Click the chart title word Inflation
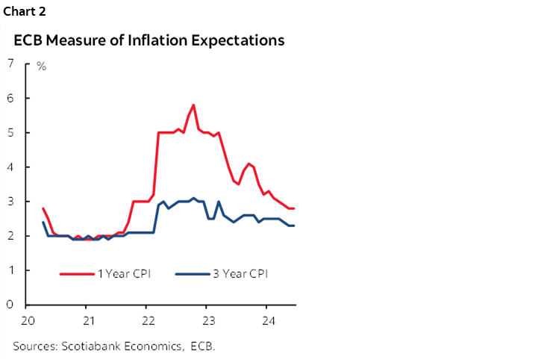point(168,40)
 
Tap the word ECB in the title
point(28,40)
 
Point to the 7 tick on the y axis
point(10,63)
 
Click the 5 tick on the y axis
point(10,133)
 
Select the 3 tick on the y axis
point(10,202)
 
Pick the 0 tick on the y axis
point(10,305)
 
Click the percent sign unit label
point(42,67)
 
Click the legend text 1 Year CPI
point(124,273)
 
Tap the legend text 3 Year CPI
point(240,273)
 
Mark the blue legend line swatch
point(192,273)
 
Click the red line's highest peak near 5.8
point(193,105)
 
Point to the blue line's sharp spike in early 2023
point(219,202)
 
